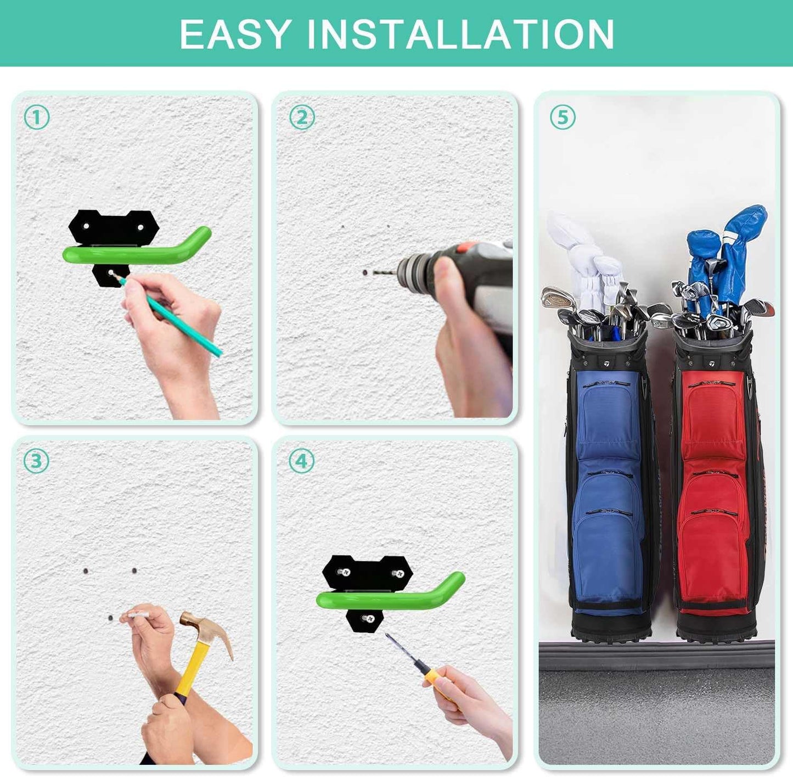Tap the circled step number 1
coord(37,118)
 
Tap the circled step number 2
coord(302,118)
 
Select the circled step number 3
coord(36,461)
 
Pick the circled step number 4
coord(302,461)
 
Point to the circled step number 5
coord(563,118)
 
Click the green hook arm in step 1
coord(137,253)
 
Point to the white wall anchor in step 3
coord(137,614)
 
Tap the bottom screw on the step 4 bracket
coord(369,619)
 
